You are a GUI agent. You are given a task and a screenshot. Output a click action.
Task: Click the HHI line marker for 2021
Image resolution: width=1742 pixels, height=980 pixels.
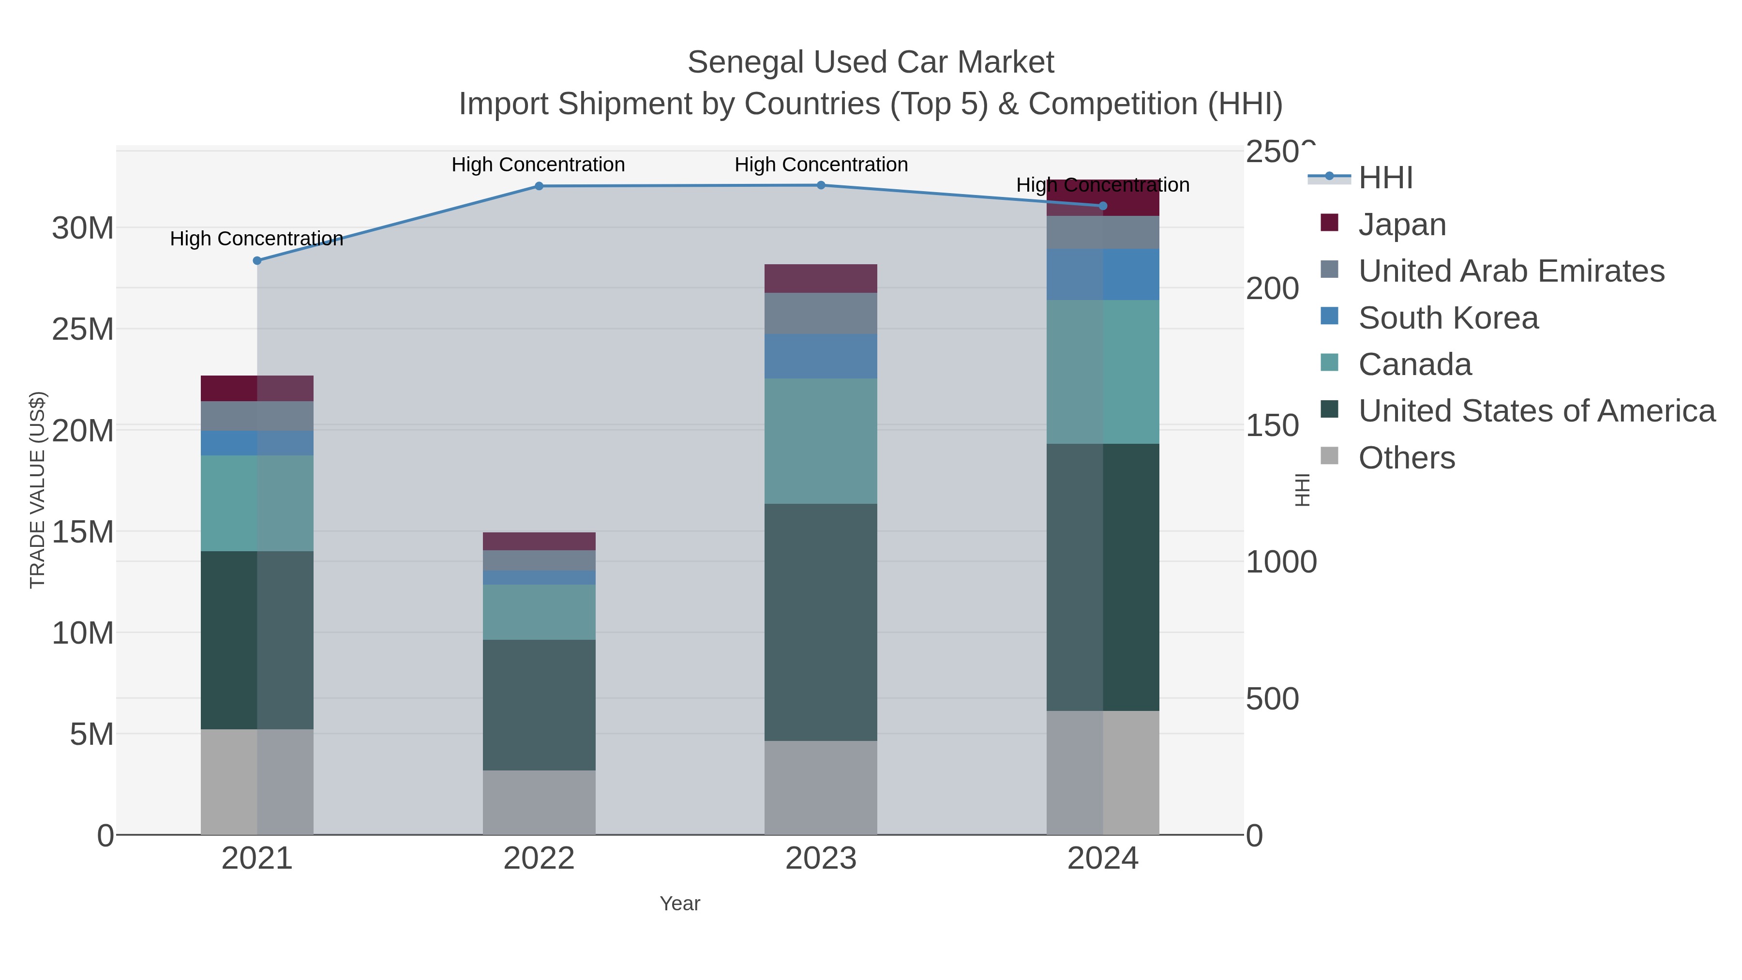coord(257,260)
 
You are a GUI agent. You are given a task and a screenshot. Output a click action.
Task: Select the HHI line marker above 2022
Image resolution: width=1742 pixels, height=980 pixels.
coord(539,186)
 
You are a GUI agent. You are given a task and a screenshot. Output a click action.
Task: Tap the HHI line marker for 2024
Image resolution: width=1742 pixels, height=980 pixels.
coord(1103,206)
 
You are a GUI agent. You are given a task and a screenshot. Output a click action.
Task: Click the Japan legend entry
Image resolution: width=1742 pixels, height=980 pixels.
coord(1402,224)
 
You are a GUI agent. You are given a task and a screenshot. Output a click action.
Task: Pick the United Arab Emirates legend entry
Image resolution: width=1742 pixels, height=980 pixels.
coord(1511,271)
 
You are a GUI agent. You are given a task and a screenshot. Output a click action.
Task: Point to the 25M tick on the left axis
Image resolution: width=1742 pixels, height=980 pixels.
coord(82,330)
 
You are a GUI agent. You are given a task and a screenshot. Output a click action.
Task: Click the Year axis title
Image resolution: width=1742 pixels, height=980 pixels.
coord(680,903)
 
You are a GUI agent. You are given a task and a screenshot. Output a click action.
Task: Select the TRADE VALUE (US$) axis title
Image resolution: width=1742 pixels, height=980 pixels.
coord(37,490)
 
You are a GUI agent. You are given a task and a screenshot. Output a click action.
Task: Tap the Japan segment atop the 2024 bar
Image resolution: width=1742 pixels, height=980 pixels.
coord(1103,197)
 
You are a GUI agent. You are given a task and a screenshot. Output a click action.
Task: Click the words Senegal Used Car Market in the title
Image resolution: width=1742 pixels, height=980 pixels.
coord(871,62)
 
